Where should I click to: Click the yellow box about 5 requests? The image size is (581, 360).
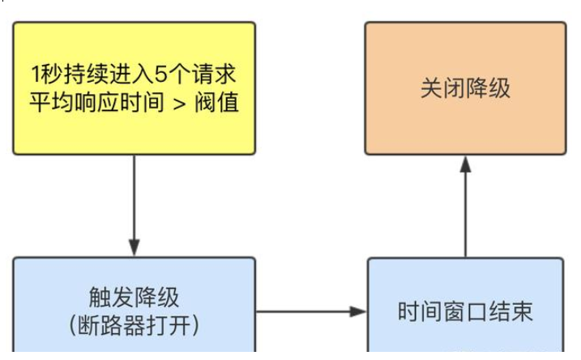tap(134, 88)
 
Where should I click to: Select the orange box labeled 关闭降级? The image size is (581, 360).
tap(465, 88)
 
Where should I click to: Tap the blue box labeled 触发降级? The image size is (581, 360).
tap(134, 308)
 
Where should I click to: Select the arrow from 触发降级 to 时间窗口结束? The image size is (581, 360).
tap(311, 311)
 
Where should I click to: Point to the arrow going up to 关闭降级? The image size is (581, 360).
tap(465, 207)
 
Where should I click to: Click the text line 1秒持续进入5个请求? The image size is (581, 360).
tap(134, 75)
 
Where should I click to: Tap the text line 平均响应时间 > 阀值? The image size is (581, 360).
tap(134, 103)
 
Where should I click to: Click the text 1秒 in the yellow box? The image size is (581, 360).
tap(45, 75)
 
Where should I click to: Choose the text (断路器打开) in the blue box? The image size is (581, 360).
tap(134, 325)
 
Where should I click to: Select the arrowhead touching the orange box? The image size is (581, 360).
tap(465, 165)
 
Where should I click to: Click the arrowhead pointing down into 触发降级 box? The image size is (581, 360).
tap(134, 247)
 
